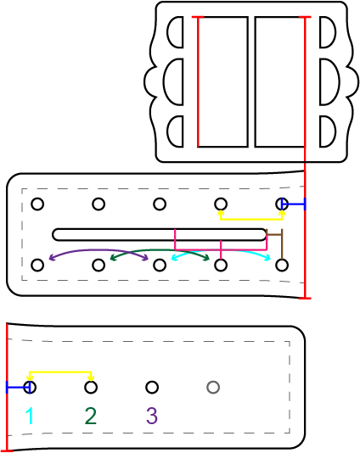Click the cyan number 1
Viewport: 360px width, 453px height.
coord(30,416)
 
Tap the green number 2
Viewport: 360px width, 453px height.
coord(91,416)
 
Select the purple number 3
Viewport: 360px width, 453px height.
coord(152,416)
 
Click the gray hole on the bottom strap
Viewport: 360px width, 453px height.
coord(213,387)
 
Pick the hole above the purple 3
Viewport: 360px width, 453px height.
coord(152,387)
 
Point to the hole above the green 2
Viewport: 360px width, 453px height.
coord(91,387)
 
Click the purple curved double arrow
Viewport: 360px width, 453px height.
coord(98,250)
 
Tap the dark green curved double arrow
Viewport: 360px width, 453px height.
coord(160,250)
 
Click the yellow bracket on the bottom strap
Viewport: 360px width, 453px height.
coord(60,372)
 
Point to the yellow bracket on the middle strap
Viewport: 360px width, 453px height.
coord(251,220)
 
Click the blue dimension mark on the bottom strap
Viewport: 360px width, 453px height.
coord(18,387)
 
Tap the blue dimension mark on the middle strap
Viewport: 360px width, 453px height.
coord(293,204)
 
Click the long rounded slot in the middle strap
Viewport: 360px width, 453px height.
coord(159,235)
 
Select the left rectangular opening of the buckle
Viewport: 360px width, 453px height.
coord(223,81)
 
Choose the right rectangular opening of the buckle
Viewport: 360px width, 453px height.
coord(279,81)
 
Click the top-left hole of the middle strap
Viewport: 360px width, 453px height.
coord(37,204)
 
